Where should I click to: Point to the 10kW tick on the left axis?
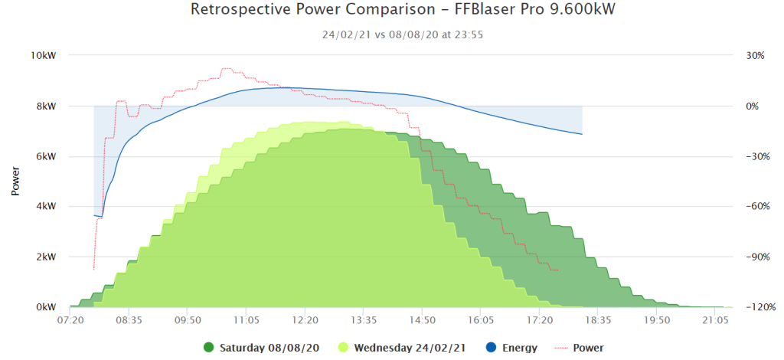(44, 55)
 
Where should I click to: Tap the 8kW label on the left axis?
(45, 106)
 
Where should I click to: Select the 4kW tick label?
(45, 207)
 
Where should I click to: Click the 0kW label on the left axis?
(45, 307)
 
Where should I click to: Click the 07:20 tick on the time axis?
(70, 319)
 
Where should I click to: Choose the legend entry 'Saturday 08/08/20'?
(262, 348)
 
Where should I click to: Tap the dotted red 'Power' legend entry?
(580, 348)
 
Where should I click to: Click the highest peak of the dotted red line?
(227, 68)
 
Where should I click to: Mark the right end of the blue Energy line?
(582, 134)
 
